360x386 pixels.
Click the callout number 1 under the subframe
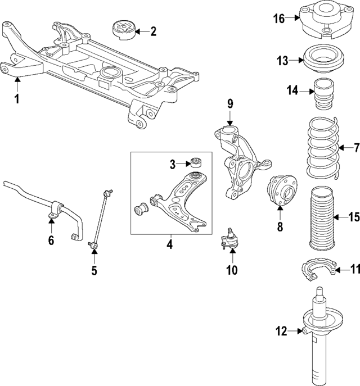pos(17,99)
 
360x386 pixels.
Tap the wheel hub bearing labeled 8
pos(281,192)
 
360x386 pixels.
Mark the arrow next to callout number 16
pos(294,18)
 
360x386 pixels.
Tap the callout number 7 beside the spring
pos(355,148)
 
